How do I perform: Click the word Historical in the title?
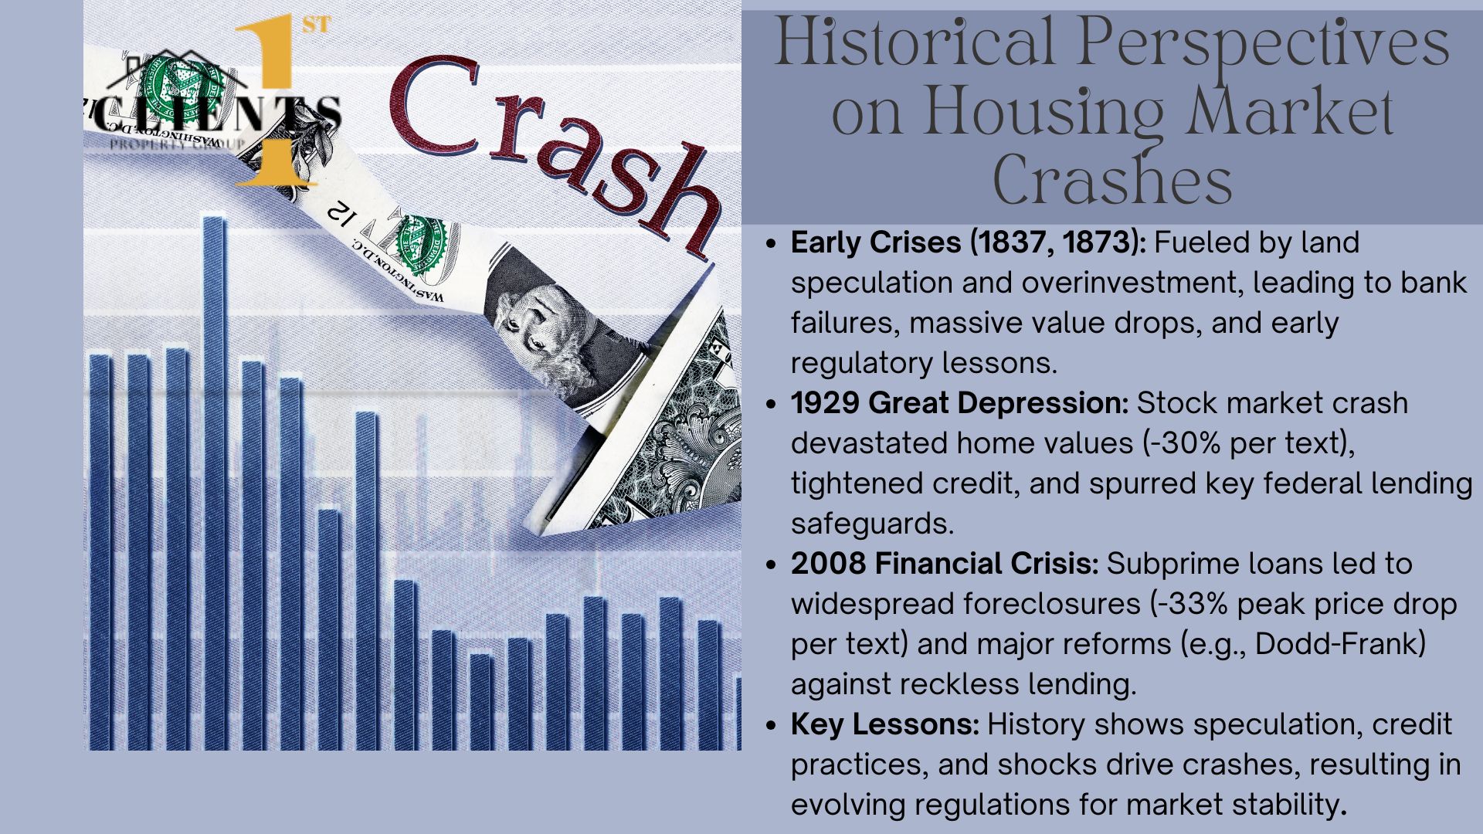tap(914, 43)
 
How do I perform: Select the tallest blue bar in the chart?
tap(215, 483)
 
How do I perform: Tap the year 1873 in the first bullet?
tap(1098, 242)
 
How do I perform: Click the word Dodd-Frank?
tap(1336, 644)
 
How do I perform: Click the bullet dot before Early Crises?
tap(770, 244)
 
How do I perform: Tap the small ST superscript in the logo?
tap(316, 25)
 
